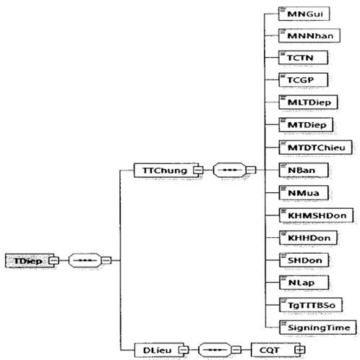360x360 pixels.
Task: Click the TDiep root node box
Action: click(x=30, y=260)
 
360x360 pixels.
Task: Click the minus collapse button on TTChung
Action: click(x=199, y=170)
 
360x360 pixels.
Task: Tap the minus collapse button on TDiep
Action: click(x=53, y=260)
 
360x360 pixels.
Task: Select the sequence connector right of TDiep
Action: click(x=85, y=260)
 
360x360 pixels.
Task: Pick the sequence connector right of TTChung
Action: click(x=230, y=170)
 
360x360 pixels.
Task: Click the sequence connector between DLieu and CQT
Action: click(x=215, y=350)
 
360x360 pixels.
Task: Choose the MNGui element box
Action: click(x=304, y=14)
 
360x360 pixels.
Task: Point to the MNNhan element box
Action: click(x=309, y=35)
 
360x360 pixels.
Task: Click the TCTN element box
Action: click(x=303, y=58)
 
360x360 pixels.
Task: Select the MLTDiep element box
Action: click(x=308, y=102)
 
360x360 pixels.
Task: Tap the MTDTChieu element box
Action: click(x=315, y=147)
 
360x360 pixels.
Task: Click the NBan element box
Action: click(x=304, y=170)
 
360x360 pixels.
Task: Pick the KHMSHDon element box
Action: click(x=316, y=215)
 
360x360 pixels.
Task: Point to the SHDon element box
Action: click(x=304, y=260)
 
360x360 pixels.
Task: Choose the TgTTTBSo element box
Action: click(x=311, y=305)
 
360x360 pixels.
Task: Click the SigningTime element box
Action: click(x=318, y=327)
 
